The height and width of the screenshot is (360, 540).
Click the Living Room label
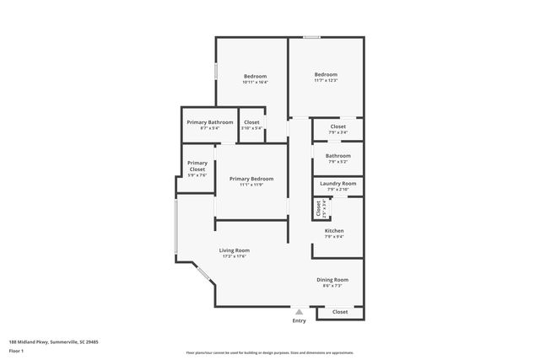coord(235,250)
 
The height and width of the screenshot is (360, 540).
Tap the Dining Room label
coord(332,279)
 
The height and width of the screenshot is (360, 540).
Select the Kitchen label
coord(334,230)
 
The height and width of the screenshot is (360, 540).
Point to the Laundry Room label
coord(337,183)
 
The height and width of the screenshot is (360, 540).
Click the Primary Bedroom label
coord(251,178)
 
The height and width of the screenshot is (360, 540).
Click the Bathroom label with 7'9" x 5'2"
coord(337,155)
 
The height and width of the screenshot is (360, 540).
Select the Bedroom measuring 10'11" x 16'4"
coord(255,76)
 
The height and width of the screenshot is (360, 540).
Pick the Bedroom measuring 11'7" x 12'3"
coord(326,74)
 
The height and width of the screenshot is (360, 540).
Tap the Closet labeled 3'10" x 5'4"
coord(251,122)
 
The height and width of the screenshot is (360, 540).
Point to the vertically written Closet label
coord(318,207)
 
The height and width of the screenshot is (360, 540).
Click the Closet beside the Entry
coord(339,312)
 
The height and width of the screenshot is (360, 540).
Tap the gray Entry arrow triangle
coord(299,311)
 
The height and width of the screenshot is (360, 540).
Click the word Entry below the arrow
coord(299,321)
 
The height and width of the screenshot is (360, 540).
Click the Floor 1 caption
coord(17,350)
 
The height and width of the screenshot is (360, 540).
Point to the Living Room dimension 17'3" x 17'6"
coord(235,257)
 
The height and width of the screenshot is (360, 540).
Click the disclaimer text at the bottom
coord(269,352)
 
